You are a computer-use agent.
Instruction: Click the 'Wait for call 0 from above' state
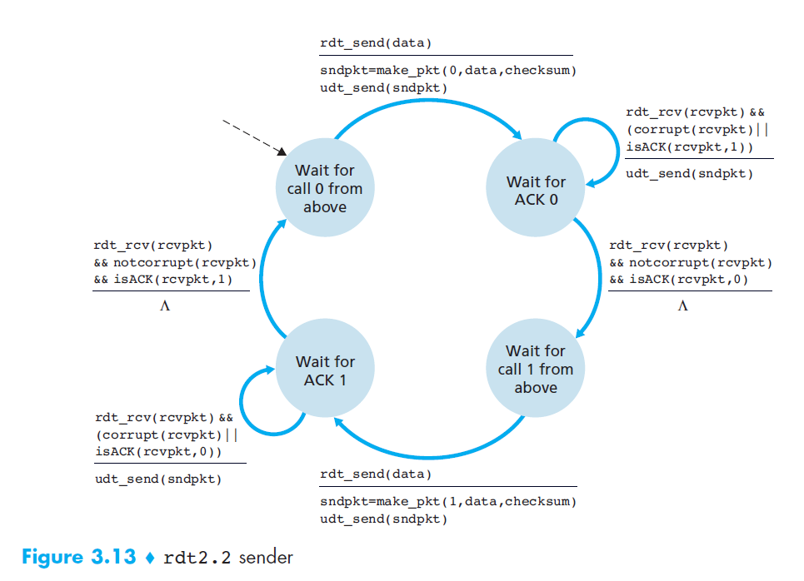(x=324, y=189)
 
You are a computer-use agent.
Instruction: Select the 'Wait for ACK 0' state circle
(x=536, y=191)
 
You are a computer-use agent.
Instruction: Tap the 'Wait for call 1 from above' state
(x=535, y=369)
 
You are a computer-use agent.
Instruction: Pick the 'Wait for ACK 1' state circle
(x=324, y=370)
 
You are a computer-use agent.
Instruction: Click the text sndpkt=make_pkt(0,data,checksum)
(x=448, y=71)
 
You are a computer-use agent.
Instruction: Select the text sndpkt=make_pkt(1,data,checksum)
(x=448, y=501)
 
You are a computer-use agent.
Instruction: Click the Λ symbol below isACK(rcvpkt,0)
(x=682, y=306)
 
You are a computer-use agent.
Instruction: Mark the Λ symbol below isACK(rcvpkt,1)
(x=164, y=306)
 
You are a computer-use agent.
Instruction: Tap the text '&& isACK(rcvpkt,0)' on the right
(x=678, y=280)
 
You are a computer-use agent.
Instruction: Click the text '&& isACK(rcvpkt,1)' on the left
(x=163, y=280)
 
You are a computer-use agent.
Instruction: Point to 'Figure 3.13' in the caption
(x=78, y=557)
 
